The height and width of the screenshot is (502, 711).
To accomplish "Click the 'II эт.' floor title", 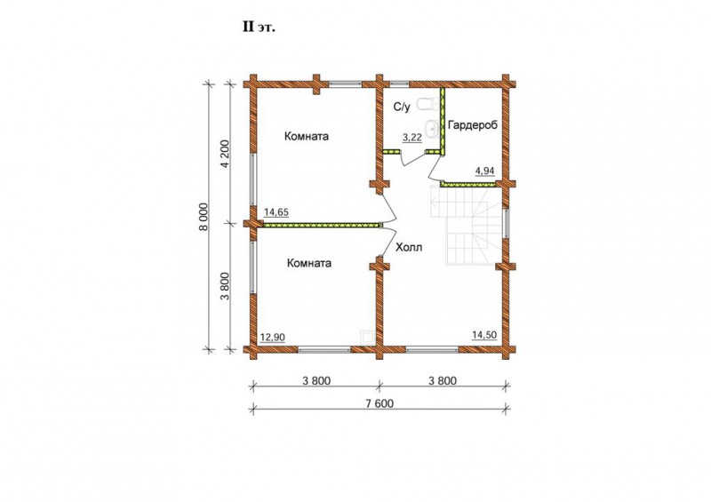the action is tap(259, 28).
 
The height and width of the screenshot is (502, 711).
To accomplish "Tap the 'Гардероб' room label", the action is tap(473, 125).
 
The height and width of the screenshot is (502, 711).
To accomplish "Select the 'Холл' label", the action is tap(409, 247).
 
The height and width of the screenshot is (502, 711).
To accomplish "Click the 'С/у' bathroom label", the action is tap(402, 107).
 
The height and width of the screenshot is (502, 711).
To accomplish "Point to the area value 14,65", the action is tap(276, 211).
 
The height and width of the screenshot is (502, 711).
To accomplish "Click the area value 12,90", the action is tap(272, 337).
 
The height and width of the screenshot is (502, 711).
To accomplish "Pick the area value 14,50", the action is tap(484, 335).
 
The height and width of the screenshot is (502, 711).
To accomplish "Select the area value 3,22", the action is tap(412, 138).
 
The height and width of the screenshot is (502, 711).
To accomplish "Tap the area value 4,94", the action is tap(484, 171).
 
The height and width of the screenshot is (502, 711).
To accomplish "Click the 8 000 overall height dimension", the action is tap(204, 216).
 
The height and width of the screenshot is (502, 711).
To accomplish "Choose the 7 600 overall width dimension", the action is tap(379, 403).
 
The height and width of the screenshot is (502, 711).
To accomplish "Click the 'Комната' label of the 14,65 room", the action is tap(307, 136).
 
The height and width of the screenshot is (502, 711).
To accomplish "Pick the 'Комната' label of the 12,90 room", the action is tap(309, 263).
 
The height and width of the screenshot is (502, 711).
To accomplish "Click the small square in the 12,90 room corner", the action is tap(367, 337).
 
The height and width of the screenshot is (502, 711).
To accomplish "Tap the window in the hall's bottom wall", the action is tap(432, 350).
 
